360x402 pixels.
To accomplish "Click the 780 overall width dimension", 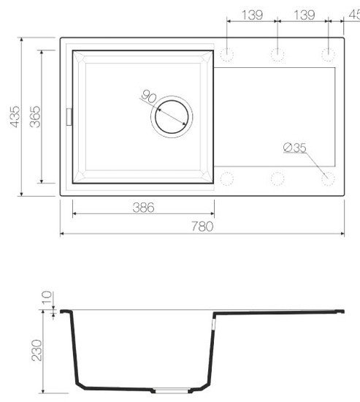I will coord(202,227).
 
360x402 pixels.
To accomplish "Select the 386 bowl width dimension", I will coord(144,208).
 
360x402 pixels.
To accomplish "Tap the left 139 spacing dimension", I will coord(252,15).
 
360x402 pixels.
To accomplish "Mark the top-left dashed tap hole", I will coord(226,53).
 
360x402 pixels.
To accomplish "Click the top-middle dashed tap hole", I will coord(277,53).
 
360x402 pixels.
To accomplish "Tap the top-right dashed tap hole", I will coord(328,53).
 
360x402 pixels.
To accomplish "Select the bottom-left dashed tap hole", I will coord(226,178).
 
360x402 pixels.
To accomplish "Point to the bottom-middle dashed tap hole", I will coord(277,178).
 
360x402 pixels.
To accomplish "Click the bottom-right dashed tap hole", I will coord(328,178).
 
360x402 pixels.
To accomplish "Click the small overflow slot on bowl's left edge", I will coord(70,115).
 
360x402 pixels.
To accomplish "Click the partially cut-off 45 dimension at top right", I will coord(353,15).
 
